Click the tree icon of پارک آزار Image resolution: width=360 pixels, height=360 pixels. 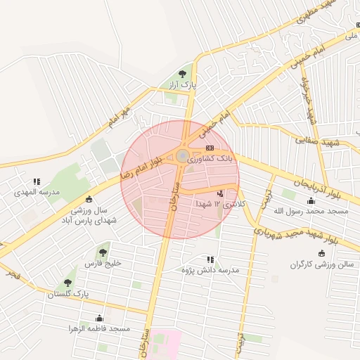click(183, 72)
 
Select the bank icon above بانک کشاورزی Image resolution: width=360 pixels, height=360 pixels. click(210, 148)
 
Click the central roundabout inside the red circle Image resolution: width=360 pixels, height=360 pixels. click(182, 156)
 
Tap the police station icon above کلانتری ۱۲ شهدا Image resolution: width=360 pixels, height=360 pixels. click(221, 193)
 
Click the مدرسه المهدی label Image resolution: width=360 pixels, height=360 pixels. click(37, 192)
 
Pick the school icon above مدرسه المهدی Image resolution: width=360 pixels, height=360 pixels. click(37, 181)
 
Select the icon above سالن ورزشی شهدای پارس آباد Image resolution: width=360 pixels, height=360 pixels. click(89, 198)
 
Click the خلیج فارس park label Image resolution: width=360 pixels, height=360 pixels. click(104, 263)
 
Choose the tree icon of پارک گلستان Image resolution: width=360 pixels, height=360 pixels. click(68, 283)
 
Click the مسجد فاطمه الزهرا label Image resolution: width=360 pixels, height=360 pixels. click(99, 328)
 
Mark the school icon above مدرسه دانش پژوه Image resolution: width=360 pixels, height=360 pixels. click(210, 259)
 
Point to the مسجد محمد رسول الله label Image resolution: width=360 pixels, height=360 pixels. click(318, 211)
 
